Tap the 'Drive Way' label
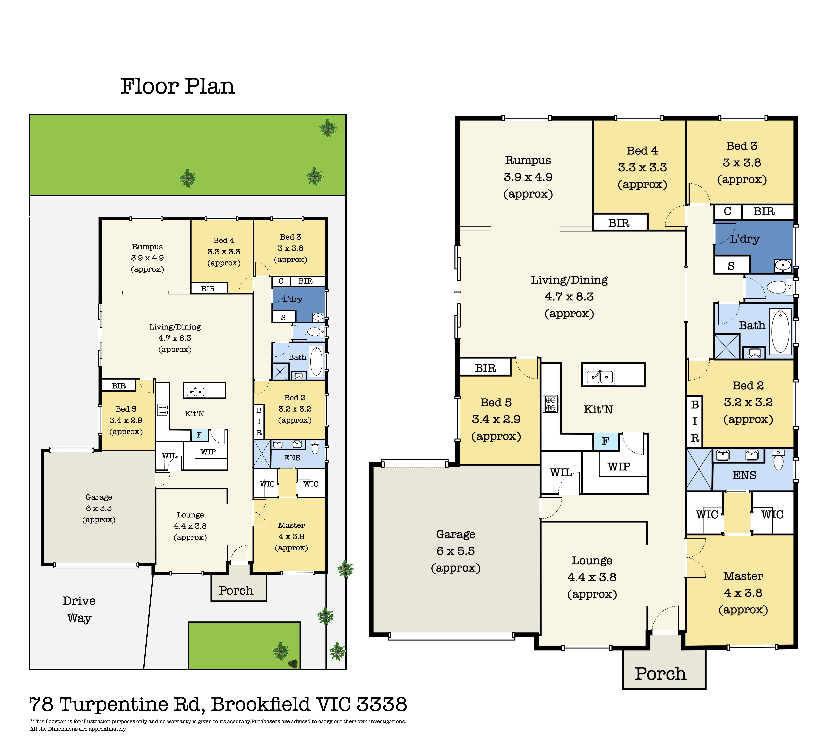pos(79,609)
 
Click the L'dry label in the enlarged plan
pos(745,239)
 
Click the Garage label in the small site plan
pos(99,497)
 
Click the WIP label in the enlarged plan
pos(619,467)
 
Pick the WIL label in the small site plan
pos(169,456)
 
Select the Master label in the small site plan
pos(291,525)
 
